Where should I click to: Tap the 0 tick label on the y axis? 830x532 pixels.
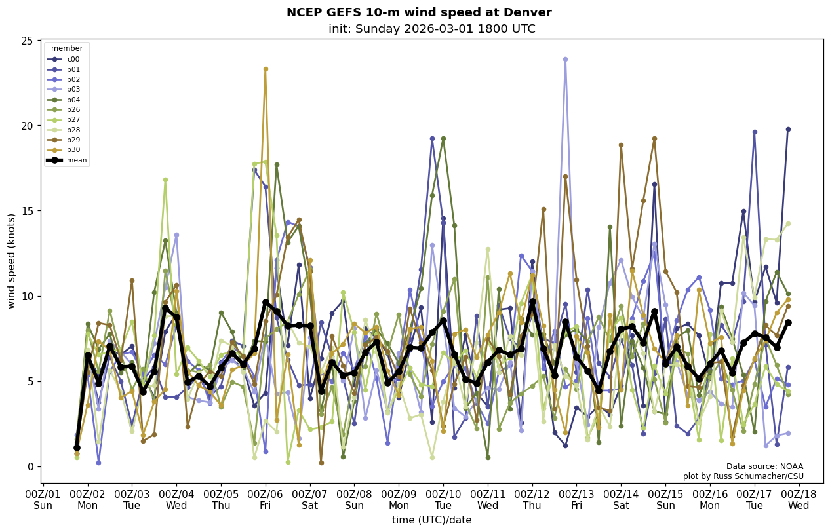tap(30, 466)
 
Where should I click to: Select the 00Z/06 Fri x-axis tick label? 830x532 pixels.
tap(266, 499)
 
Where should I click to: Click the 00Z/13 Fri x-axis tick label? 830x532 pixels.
tap(576, 499)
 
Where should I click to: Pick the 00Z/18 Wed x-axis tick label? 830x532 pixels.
tap(799, 499)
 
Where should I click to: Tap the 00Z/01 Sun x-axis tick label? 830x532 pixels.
tap(43, 499)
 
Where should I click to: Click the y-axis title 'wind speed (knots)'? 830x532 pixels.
tap(12, 261)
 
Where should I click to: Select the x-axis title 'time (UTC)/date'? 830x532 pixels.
tap(431, 520)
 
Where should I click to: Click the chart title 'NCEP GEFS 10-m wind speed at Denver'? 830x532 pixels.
tap(419, 12)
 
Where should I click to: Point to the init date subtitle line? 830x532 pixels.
tap(431, 29)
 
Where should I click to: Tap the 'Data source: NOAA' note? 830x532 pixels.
tap(764, 466)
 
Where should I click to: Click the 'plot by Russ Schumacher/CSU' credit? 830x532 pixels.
tap(743, 476)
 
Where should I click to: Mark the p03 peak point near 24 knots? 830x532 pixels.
tap(565, 60)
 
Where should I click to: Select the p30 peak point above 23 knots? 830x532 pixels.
tap(266, 69)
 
